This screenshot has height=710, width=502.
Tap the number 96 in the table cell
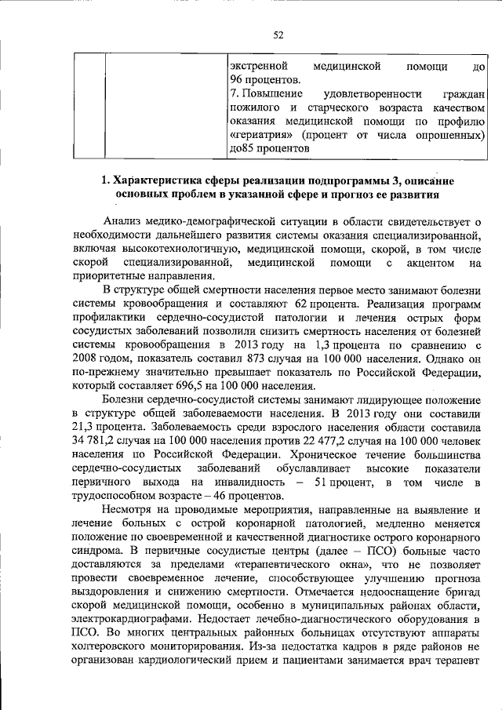tap(237, 80)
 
